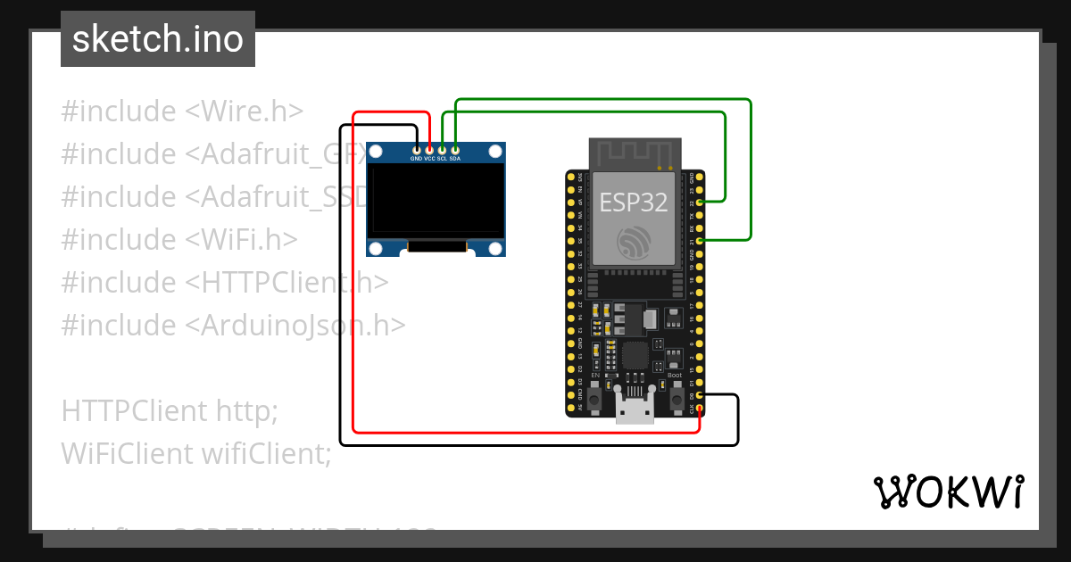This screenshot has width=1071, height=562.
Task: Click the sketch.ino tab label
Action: pyautogui.click(x=158, y=39)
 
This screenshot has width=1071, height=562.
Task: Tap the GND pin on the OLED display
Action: pyautogui.click(x=416, y=149)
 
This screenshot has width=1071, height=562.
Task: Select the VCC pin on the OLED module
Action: pyautogui.click(x=429, y=149)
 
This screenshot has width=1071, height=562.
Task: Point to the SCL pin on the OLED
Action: pyautogui.click(x=442, y=149)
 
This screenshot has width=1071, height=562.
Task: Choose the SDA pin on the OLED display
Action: pyautogui.click(x=455, y=149)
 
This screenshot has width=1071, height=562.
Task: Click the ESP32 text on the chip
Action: pyautogui.click(x=633, y=202)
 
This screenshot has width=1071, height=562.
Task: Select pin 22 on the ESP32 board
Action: pyautogui.click(x=701, y=203)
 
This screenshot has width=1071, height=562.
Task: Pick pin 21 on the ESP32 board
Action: pyautogui.click(x=701, y=241)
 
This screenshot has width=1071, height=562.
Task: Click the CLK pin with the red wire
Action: pyautogui.click(x=701, y=409)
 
